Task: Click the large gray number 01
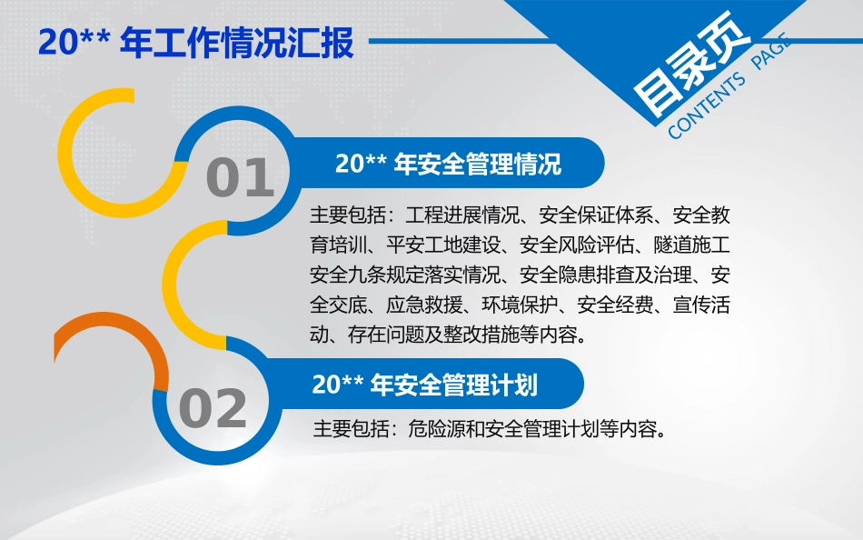pos(240,177)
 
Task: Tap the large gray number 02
pos(213,408)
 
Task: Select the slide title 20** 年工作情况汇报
pos(196,43)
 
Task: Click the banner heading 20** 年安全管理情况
pos(448,164)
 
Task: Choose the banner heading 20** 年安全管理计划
pos(425,385)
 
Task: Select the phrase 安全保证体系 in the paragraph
pos(596,215)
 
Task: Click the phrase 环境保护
pos(520,305)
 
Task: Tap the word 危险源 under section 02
pos(436,428)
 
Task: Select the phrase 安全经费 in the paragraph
pos(615,305)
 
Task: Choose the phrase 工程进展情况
pos(462,215)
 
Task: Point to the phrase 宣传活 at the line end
pos(701,305)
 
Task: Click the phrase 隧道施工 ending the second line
pos(692,245)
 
